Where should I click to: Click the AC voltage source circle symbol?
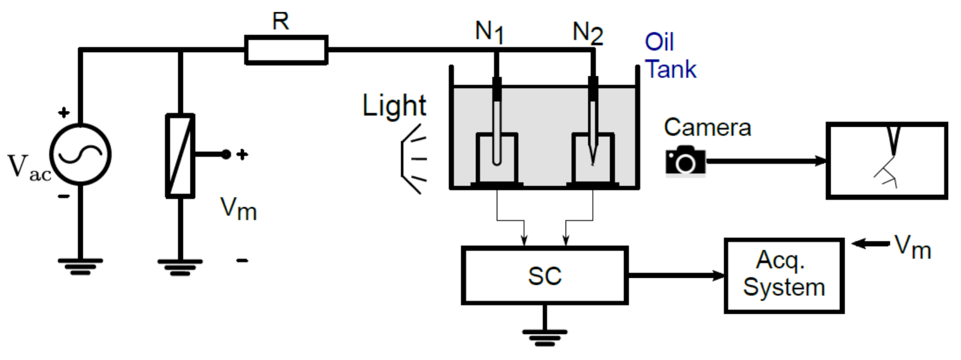pos(80,154)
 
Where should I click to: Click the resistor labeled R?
pos(286,50)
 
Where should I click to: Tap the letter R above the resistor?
pos(280,21)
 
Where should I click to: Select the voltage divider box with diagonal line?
pos(180,156)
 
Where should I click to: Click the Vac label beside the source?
pos(28,168)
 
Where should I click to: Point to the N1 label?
pos(489,31)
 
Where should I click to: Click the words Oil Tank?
pos(670,56)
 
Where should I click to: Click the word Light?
pos(394,106)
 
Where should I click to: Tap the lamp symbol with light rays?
pos(413,159)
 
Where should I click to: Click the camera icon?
pos(685,160)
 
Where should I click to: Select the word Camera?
pos(707,127)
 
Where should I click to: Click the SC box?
pos(544,275)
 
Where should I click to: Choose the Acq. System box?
pos(784,275)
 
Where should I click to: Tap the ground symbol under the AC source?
pos(80,266)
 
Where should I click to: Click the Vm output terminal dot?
pos(226,154)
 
